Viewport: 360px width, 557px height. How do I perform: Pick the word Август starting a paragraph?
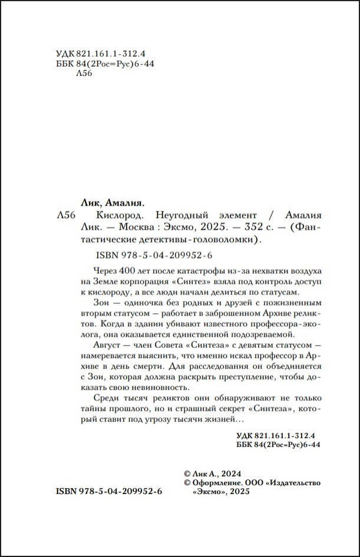(108, 344)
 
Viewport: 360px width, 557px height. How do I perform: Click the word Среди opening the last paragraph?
(106, 398)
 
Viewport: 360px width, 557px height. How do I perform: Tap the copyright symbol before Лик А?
(187, 473)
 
